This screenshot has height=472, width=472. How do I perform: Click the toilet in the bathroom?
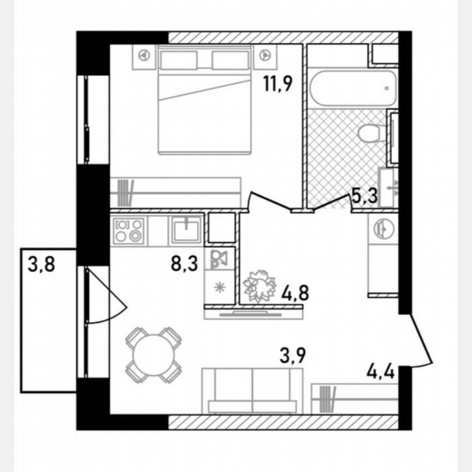371,132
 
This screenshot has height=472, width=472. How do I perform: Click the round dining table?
153,355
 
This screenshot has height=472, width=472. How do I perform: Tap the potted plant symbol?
260,285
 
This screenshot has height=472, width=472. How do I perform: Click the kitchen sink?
187,229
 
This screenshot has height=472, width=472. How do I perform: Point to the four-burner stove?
129,230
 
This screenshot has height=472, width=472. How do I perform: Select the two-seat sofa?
252,390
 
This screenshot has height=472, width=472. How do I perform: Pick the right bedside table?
265,56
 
